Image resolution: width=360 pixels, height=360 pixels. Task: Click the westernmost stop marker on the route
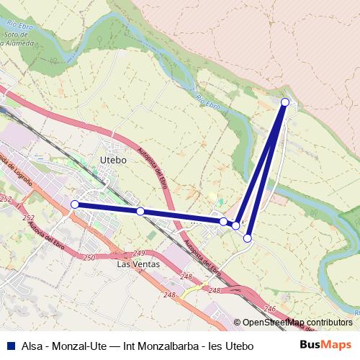coord(75,204)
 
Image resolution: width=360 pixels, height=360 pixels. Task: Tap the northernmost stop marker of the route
coord(285,102)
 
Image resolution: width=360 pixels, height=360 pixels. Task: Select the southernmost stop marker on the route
coord(247,238)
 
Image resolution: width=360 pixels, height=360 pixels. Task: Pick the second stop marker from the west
coord(140,211)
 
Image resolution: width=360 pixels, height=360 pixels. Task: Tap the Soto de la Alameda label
coord(19,38)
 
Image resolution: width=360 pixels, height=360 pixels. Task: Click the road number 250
coord(89,258)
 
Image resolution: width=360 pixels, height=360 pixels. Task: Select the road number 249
coord(139,253)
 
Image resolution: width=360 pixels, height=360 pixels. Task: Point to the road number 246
coord(270,308)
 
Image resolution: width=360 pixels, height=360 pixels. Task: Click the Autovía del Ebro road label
coord(43,230)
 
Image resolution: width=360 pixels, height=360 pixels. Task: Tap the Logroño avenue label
coord(10,170)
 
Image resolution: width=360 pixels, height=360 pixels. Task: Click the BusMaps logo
coord(325,346)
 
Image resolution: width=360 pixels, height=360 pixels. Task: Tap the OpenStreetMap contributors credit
coord(297,322)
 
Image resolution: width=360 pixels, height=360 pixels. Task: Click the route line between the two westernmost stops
coord(108,208)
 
